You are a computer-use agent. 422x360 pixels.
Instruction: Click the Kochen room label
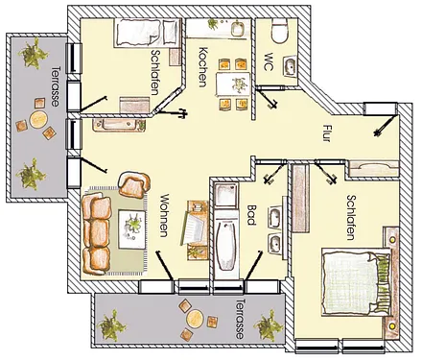(203, 67)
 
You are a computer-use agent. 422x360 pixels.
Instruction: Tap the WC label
(268, 62)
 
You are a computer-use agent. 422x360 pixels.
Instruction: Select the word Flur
(326, 133)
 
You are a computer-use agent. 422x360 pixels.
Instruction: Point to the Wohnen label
(164, 215)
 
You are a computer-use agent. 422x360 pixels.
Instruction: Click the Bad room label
(251, 215)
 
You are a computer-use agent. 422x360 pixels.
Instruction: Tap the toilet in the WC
(280, 31)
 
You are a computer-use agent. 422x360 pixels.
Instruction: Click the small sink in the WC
(290, 66)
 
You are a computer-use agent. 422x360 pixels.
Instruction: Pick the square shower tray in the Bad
(226, 195)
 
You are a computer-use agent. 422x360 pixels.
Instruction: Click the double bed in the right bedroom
(357, 282)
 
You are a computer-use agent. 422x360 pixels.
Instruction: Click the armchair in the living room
(134, 184)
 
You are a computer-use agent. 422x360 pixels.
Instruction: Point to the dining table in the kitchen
(233, 84)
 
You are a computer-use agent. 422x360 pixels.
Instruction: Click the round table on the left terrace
(38, 119)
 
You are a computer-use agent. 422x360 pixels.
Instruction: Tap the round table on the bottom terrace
(195, 319)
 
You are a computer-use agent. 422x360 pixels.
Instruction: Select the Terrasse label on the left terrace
(56, 86)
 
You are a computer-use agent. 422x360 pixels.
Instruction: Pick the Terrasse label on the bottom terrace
(240, 319)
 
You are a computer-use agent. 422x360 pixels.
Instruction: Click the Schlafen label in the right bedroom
(352, 217)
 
